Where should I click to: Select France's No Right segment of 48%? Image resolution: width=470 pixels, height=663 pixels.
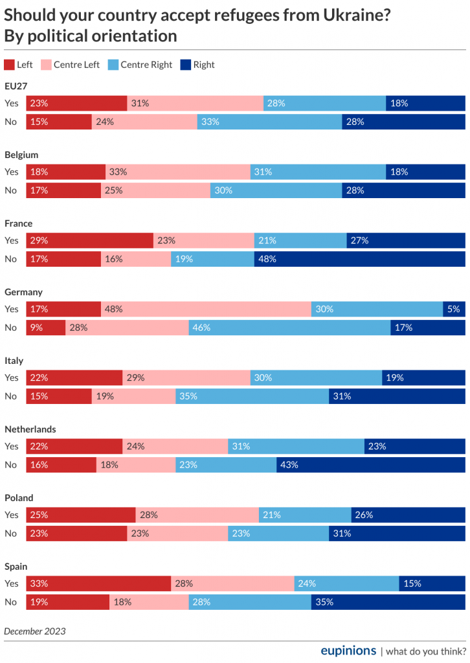[x=359, y=259]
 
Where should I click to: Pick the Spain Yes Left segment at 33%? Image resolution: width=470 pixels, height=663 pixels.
[x=98, y=583]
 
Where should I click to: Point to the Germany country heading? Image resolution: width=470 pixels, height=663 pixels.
[x=23, y=292]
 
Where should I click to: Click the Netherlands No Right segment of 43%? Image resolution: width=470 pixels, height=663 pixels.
[x=370, y=465]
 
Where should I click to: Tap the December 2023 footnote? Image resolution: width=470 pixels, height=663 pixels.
[x=35, y=631]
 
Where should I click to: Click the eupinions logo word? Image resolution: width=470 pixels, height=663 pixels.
[x=348, y=650]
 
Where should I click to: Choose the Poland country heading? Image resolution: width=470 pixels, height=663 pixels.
[x=19, y=498]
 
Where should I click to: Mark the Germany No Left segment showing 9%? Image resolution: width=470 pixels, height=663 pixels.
[x=46, y=328]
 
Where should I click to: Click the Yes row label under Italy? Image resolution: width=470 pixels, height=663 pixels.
[x=12, y=377]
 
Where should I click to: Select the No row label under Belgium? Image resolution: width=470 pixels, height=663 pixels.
[x=11, y=190]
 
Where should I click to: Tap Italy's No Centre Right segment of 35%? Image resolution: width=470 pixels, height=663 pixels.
[x=252, y=396]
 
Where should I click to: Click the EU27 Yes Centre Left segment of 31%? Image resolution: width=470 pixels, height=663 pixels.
[x=195, y=103]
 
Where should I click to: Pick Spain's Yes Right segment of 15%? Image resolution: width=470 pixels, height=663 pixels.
[x=432, y=583]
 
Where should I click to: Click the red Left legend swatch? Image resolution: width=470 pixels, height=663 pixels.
[x=9, y=65]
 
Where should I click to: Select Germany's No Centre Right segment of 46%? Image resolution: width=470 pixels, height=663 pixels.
[x=289, y=328]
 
